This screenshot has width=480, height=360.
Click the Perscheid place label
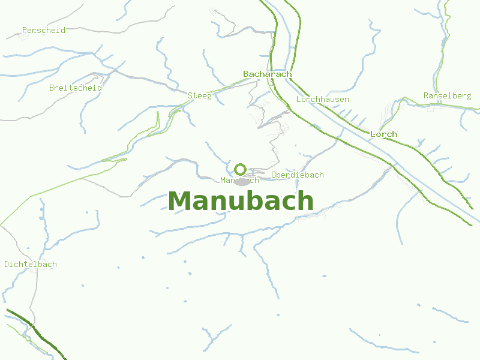[x=43, y=30]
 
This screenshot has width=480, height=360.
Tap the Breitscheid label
[x=76, y=88]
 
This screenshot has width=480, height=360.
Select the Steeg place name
[x=200, y=95]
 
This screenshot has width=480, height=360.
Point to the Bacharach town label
[x=267, y=74]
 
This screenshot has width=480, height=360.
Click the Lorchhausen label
[x=323, y=99]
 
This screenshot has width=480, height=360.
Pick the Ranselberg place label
[x=447, y=95]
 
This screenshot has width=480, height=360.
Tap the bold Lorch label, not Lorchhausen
[x=384, y=134]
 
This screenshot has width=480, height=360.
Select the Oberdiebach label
[x=298, y=175]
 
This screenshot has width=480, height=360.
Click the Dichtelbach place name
[x=31, y=264]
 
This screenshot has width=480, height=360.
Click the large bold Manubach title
[x=241, y=201]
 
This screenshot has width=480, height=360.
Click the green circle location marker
[x=241, y=169]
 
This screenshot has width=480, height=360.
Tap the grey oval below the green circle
[x=242, y=181]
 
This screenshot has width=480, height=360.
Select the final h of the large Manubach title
[x=305, y=201]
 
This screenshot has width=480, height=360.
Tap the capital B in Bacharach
[x=246, y=74]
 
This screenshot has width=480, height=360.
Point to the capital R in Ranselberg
[x=426, y=95]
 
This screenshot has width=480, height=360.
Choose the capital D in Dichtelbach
[x=7, y=264]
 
